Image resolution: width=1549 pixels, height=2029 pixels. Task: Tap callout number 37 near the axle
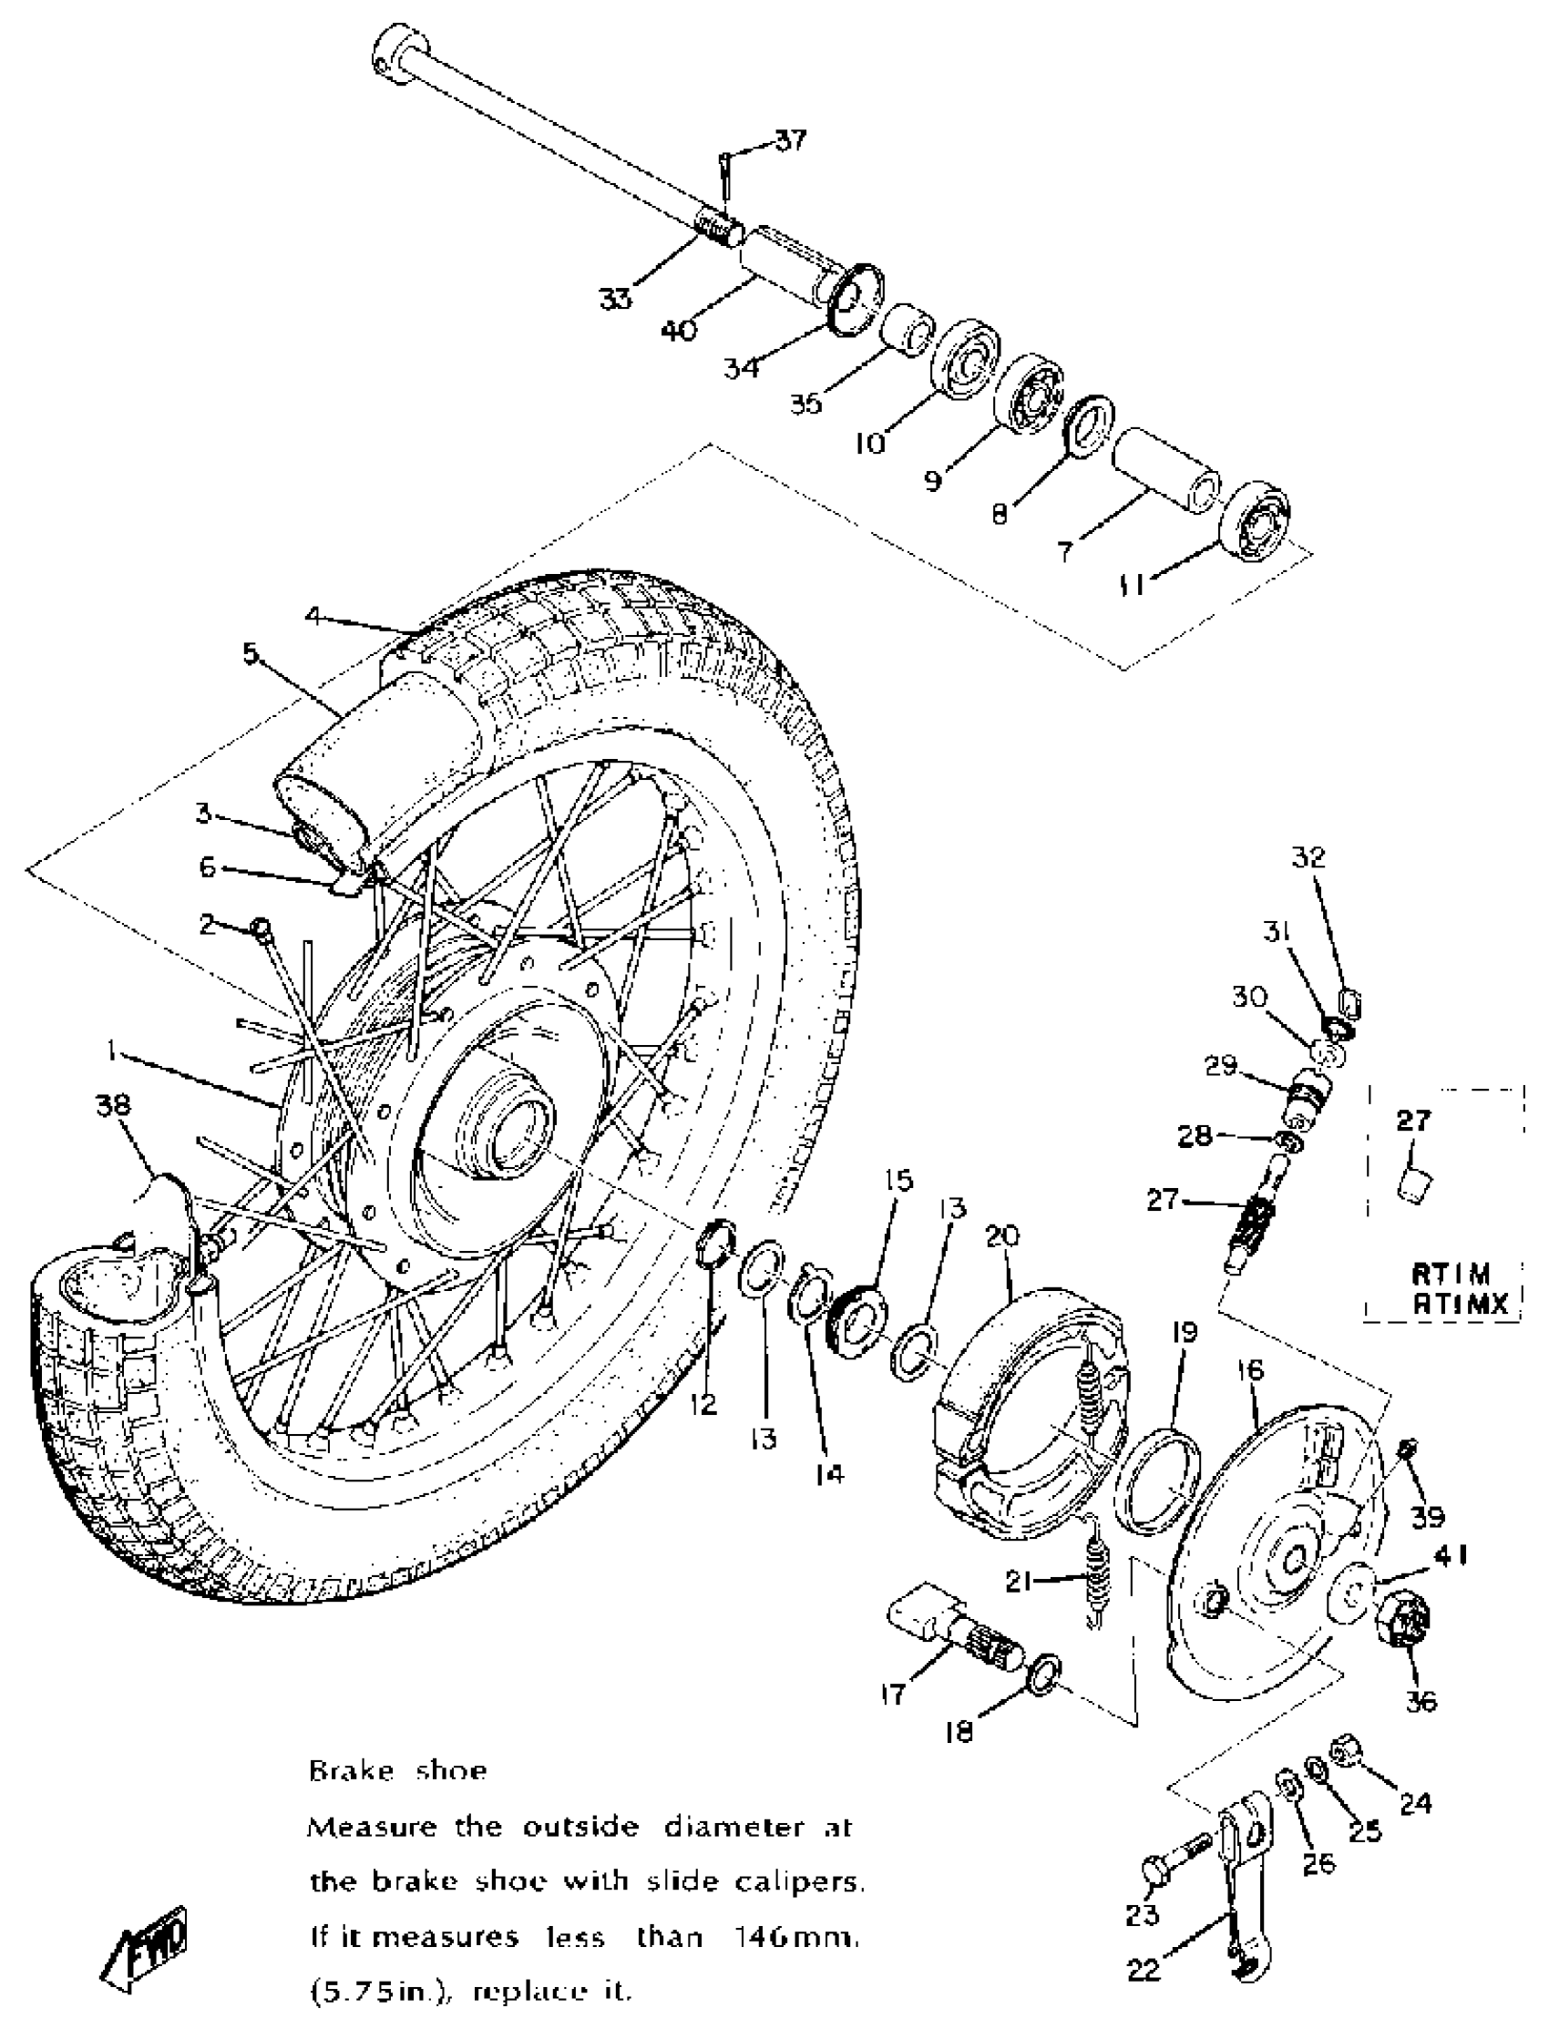(x=789, y=141)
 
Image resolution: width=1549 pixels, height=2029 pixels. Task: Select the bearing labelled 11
(x=1255, y=522)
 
